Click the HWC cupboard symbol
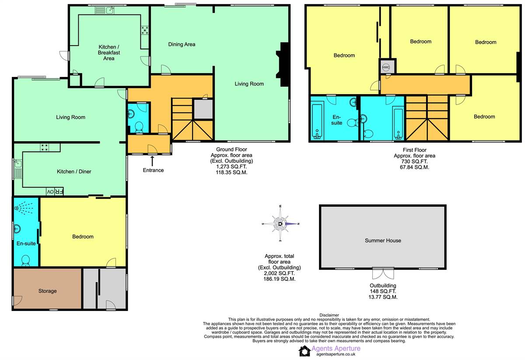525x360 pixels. click(386, 67)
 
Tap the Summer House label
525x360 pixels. click(383, 241)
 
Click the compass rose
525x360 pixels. click(280, 224)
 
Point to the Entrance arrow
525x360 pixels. click(152, 161)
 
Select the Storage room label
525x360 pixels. click(47, 291)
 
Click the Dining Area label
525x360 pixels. click(182, 44)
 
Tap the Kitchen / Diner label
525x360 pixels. click(74, 171)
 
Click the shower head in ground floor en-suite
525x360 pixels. click(23, 208)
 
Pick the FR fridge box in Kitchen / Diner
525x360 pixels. click(59, 192)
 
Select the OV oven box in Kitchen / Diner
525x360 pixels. click(50, 192)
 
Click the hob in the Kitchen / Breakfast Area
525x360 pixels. click(145, 31)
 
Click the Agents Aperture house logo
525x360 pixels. click(304, 351)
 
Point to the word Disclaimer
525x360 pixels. click(329, 315)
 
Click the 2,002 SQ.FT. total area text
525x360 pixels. click(279, 273)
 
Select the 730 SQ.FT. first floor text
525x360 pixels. click(414, 161)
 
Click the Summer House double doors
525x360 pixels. click(383, 273)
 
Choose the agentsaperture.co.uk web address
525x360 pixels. click(336, 354)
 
